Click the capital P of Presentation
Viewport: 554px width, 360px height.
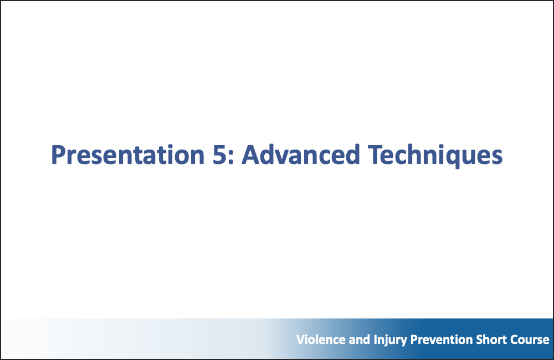tap(58, 155)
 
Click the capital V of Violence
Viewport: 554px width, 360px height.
tap(300, 340)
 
